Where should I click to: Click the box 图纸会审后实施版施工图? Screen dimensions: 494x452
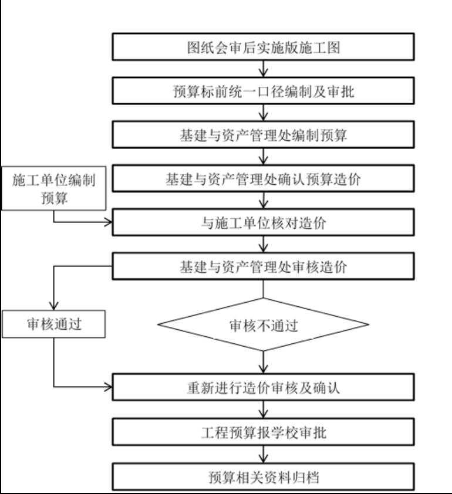264,48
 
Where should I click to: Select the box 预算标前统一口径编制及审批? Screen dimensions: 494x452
264,92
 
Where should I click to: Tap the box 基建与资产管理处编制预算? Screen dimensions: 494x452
264,135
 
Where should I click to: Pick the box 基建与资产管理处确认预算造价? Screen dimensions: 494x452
264,179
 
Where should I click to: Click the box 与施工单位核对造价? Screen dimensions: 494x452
264,223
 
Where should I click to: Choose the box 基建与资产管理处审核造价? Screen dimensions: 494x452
264,267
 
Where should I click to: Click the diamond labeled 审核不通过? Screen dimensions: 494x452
264,325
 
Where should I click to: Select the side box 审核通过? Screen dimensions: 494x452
54,324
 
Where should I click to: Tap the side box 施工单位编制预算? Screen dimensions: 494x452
54,189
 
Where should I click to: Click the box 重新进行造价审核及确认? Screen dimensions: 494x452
264,387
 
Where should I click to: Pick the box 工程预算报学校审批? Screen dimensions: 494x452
264,433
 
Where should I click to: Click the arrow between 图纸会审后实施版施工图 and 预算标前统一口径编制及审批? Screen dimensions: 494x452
264,69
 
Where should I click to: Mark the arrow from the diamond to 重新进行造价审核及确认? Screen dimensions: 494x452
264,363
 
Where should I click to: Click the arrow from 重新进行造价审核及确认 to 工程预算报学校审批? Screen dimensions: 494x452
264,410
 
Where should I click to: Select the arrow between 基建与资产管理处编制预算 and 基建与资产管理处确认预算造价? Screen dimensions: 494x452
264,157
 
